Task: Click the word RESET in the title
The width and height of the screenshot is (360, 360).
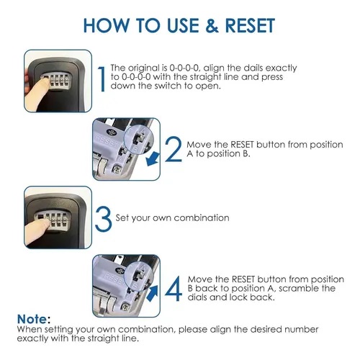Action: pos(250,25)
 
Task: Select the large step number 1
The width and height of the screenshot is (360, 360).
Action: pos(102,79)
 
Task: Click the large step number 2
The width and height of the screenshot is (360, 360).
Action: pos(174,149)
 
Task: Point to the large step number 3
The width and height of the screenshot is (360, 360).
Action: pos(104,219)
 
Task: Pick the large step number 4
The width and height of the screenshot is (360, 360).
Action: pos(174,288)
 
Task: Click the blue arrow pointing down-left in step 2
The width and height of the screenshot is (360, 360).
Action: pos(153,158)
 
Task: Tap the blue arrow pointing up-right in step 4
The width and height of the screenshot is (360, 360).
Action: pos(153,293)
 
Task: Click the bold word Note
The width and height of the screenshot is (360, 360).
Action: pos(32,319)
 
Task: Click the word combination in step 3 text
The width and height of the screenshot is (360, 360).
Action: pos(202,217)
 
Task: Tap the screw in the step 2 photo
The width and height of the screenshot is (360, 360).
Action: pos(117,169)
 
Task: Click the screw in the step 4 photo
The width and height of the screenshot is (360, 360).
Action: pos(125,307)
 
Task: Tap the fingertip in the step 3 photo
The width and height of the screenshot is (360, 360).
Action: pos(45,225)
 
